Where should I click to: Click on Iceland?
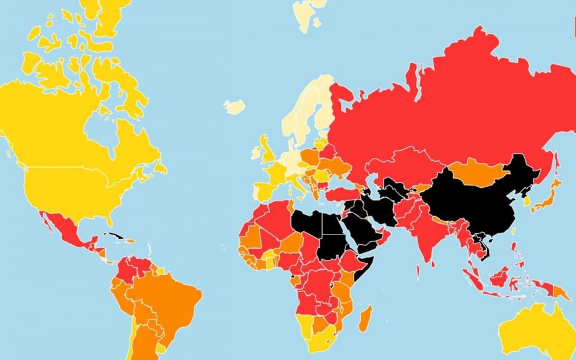tap(234, 107)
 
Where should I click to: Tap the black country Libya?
tap(308, 225)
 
